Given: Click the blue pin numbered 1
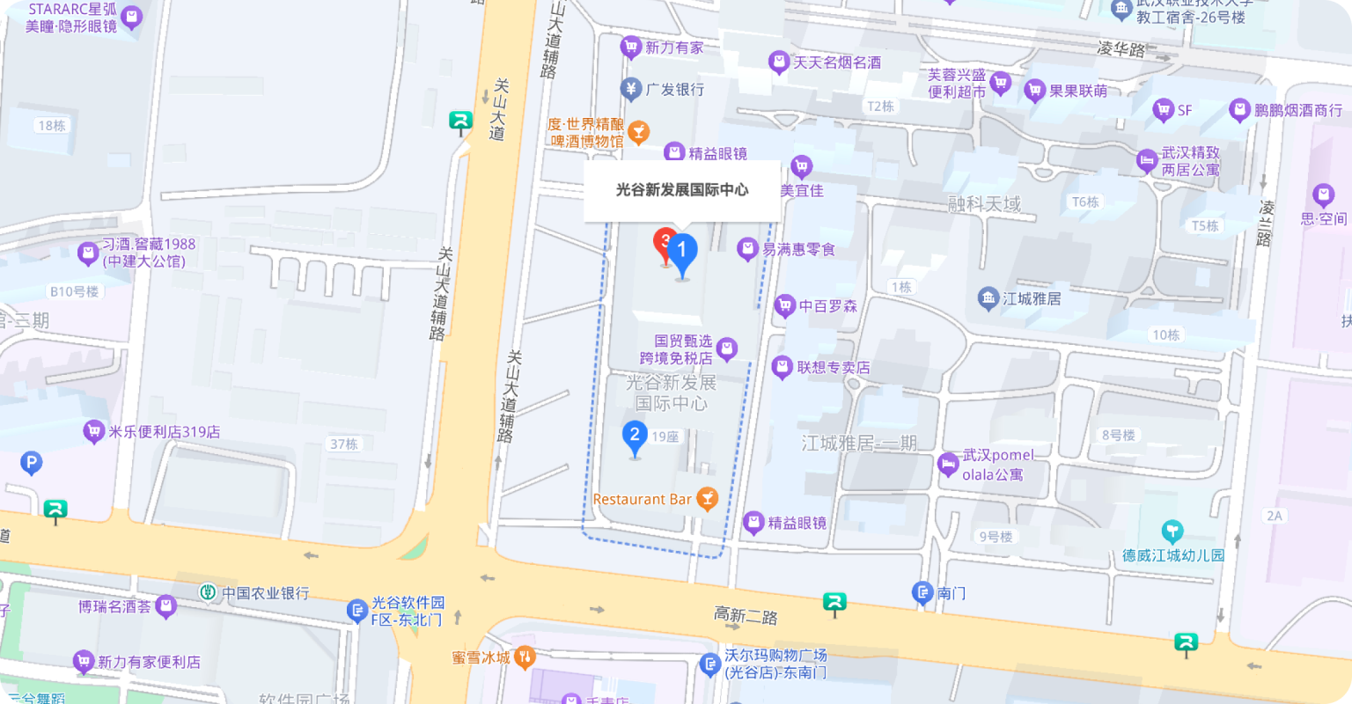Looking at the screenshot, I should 681,253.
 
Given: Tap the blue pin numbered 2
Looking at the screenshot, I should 635,435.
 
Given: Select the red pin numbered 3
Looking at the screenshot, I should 664,240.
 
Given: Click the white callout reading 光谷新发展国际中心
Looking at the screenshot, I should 682,190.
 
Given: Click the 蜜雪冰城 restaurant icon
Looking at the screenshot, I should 525,656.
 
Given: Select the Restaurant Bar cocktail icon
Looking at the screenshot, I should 706,499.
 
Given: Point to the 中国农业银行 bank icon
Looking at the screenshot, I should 208,593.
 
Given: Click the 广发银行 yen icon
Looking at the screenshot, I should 630,89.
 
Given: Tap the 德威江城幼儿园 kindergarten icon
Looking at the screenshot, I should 1172,532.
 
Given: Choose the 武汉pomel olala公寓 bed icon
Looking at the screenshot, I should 948,464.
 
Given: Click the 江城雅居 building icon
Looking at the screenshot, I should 988,298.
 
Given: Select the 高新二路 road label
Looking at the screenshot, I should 746,616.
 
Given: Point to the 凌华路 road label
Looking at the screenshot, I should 1121,49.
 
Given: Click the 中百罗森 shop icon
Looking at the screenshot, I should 784,306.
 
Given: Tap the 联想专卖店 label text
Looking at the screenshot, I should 833,367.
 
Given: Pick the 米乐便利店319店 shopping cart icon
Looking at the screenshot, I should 93,431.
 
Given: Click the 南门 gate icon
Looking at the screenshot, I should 922,592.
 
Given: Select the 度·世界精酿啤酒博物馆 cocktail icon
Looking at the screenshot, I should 638,132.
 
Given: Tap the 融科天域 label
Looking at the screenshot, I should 984,204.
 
